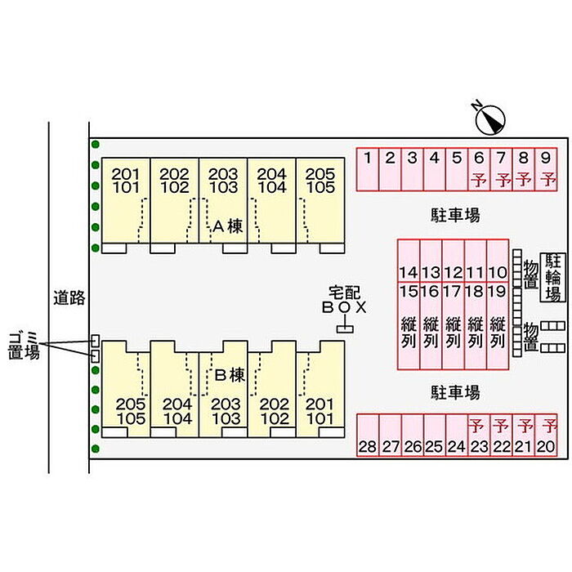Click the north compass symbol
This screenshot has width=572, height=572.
click(x=490, y=119)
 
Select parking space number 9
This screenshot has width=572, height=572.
click(x=546, y=168)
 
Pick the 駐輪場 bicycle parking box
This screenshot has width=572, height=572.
click(x=553, y=278)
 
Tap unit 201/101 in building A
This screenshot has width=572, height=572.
click(x=126, y=181)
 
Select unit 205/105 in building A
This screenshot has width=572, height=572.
click(x=320, y=181)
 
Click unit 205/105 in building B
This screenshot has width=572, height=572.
click(x=131, y=411)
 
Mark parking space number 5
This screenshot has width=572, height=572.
click(x=457, y=168)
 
